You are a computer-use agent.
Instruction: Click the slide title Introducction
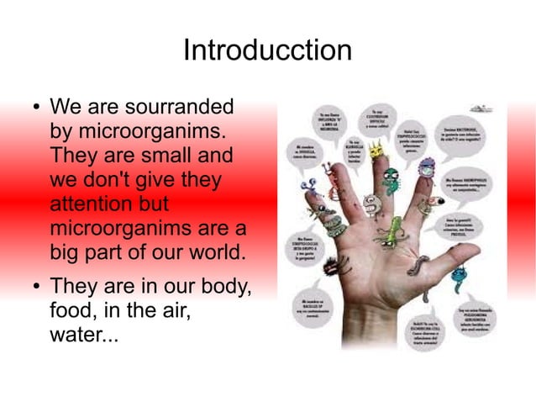tap(267, 50)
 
